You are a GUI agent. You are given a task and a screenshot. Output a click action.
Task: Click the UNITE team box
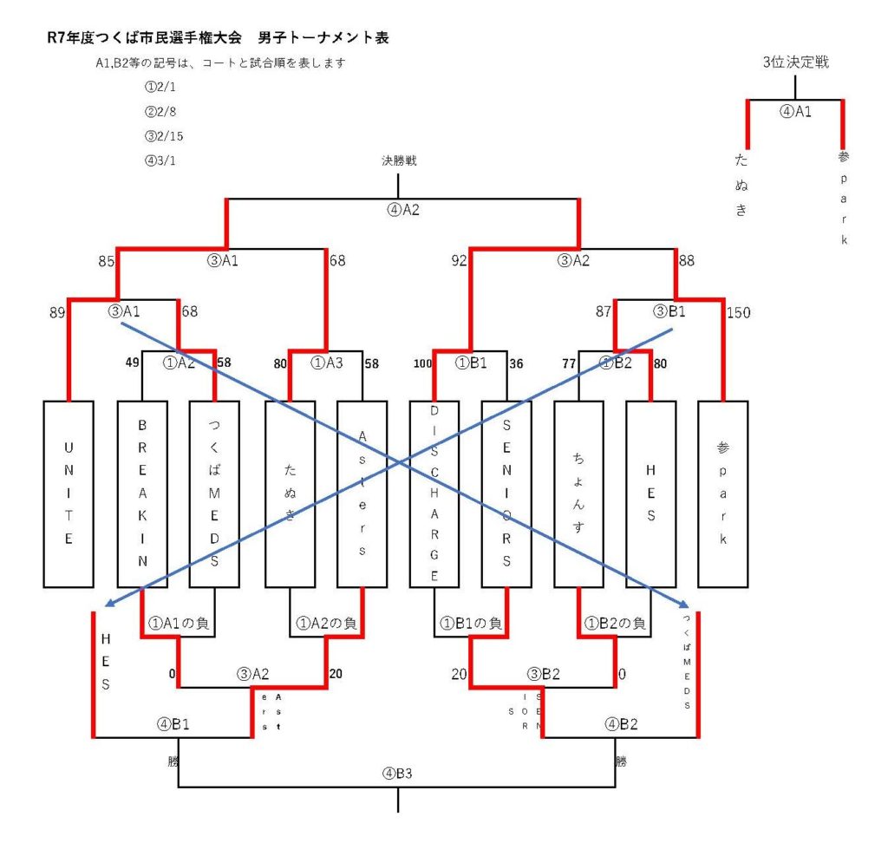(x=69, y=493)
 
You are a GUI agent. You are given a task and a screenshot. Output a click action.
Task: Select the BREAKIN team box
(x=141, y=493)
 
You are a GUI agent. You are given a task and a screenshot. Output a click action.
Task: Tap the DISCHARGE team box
(x=434, y=493)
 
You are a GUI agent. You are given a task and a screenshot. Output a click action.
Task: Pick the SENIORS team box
(x=506, y=493)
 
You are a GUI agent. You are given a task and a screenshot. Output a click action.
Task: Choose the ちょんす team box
(x=578, y=493)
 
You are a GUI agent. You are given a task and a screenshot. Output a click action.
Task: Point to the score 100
(x=422, y=364)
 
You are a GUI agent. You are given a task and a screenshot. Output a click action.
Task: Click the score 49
(x=133, y=364)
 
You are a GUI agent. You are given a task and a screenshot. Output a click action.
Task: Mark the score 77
(x=569, y=364)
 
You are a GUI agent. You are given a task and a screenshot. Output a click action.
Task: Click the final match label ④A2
(x=403, y=208)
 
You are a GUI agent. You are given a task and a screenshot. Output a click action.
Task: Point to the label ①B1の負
(x=469, y=623)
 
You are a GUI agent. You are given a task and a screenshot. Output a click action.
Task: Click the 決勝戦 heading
(x=398, y=160)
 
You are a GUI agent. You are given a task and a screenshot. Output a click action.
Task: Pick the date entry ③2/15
(x=165, y=136)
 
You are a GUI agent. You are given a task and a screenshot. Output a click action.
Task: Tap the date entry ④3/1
(x=162, y=160)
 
